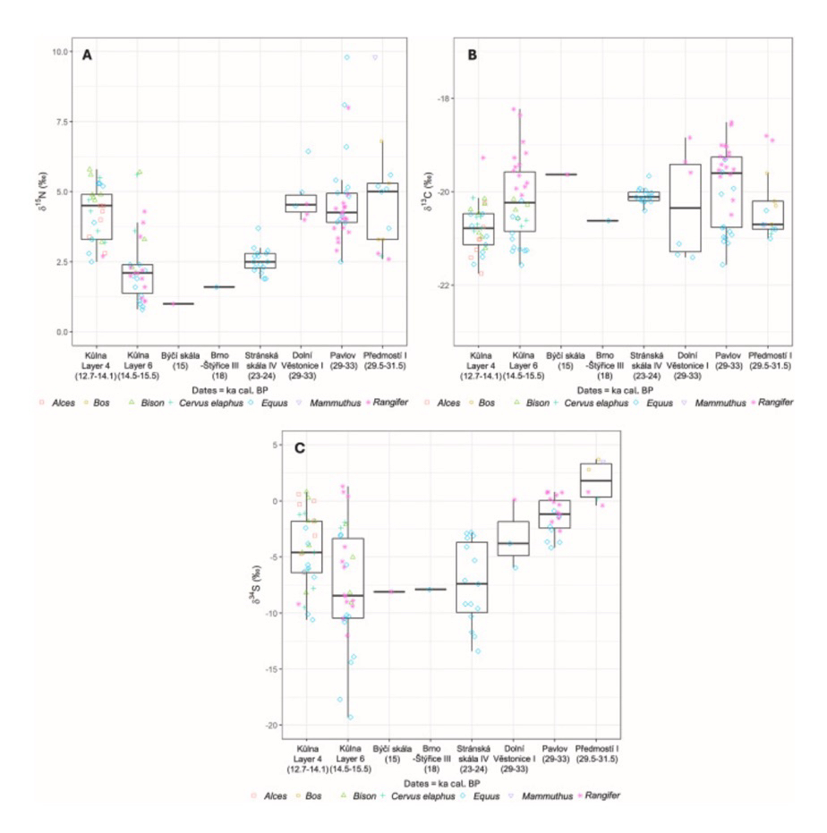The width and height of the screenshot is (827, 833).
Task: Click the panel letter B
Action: tap(472, 55)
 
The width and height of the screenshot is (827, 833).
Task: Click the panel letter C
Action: tap(301, 447)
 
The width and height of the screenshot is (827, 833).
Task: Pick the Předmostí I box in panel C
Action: tap(596, 480)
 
